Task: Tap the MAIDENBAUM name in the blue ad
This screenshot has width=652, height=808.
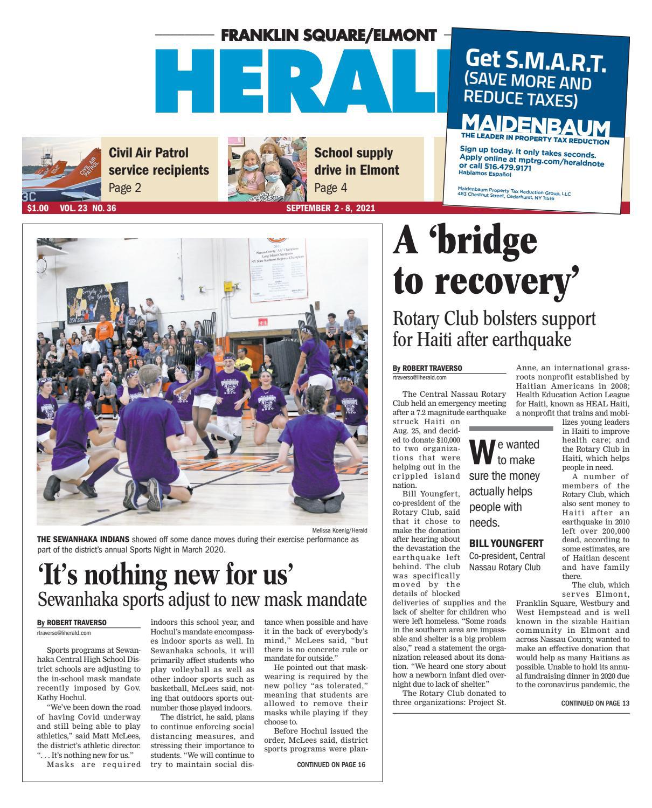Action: tap(536, 127)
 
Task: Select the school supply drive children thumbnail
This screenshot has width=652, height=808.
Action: tap(267, 169)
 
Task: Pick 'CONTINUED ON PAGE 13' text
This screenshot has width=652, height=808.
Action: tap(595, 703)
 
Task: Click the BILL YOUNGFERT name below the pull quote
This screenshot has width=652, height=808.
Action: tap(505, 543)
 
